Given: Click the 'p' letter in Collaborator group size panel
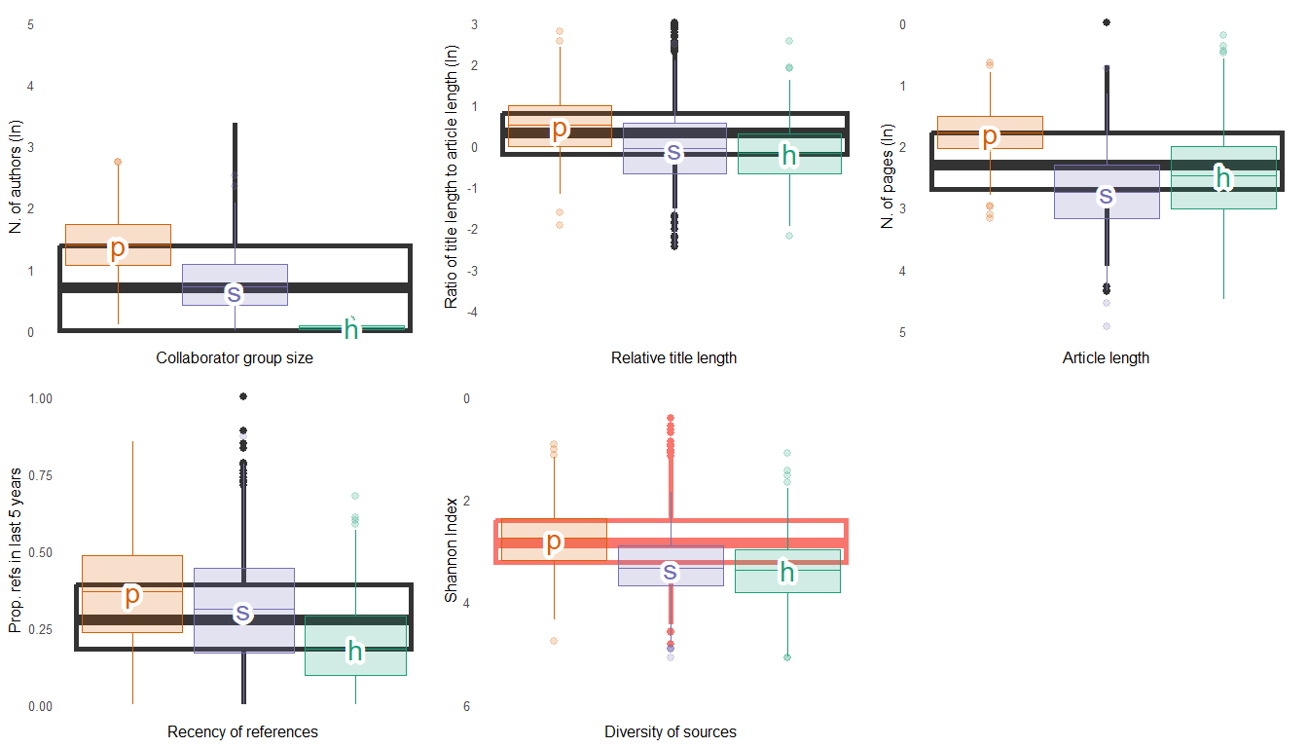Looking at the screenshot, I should click(118, 248).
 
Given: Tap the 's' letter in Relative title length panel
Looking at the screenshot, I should click(672, 151).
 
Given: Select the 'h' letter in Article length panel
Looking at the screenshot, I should click(1223, 177).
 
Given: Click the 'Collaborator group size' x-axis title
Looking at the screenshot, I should click(235, 358).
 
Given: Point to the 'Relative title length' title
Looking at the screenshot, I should click(673, 358).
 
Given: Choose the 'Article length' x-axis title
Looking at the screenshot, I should click(1106, 358).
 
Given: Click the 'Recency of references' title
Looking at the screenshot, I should click(242, 732).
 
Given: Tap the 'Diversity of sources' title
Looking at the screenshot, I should click(671, 732).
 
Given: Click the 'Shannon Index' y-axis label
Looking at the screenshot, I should click(451, 551).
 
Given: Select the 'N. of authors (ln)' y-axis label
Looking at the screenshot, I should click(16, 177).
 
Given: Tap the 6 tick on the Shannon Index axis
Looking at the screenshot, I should click(466, 706).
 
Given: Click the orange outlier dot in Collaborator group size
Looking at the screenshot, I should click(118, 162).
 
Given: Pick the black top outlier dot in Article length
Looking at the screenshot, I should click(1106, 22).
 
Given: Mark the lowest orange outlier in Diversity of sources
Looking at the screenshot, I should click(554, 641).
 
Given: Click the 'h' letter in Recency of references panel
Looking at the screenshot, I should click(355, 652).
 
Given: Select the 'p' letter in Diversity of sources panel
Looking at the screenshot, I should click(554, 542).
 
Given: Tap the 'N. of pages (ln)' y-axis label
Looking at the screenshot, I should click(887, 177).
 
